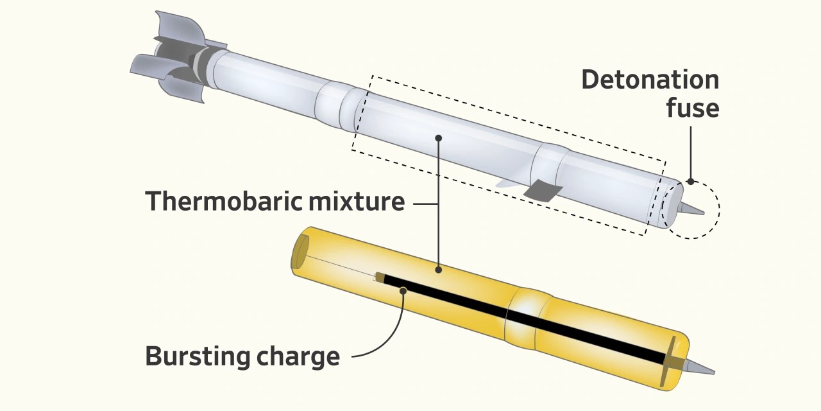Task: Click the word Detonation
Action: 650,80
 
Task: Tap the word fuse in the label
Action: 692,108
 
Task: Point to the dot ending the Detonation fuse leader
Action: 691,182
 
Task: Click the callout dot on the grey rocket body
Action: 438,137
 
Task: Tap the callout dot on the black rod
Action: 403,291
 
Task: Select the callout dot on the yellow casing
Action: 439,270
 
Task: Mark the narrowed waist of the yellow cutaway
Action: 527,315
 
